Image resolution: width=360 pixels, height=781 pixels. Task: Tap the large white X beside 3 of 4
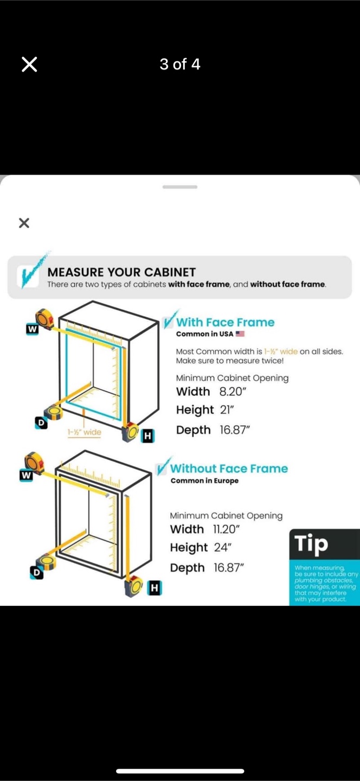pyautogui.click(x=29, y=65)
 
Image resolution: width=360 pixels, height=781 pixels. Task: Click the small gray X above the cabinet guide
pyautogui.click(x=24, y=223)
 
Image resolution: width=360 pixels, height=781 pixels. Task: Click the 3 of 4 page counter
pyautogui.click(x=180, y=64)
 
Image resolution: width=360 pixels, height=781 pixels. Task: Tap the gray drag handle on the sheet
pyautogui.click(x=180, y=187)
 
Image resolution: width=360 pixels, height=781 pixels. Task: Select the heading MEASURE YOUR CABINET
pyautogui.click(x=121, y=272)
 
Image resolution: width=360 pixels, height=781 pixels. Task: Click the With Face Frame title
pyautogui.click(x=225, y=322)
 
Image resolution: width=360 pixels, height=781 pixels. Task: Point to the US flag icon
pyautogui.click(x=240, y=334)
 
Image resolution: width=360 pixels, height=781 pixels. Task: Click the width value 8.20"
pyautogui.click(x=233, y=392)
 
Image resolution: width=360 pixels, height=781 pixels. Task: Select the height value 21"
pyautogui.click(x=227, y=409)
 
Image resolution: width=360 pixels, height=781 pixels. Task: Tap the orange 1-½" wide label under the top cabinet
pyautogui.click(x=85, y=432)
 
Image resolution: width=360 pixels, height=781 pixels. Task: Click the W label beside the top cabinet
pyautogui.click(x=33, y=329)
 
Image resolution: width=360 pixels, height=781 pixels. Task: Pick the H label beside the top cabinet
pyautogui.click(x=147, y=436)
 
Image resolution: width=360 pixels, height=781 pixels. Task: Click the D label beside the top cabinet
pyautogui.click(x=41, y=423)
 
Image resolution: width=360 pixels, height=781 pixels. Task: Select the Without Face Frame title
pyautogui.click(x=229, y=468)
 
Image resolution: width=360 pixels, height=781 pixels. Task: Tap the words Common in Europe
pyautogui.click(x=204, y=481)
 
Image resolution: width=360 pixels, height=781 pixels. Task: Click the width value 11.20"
pyautogui.click(x=227, y=529)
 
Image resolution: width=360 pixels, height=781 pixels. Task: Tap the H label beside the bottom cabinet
pyautogui.click(x=155, y=588)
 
